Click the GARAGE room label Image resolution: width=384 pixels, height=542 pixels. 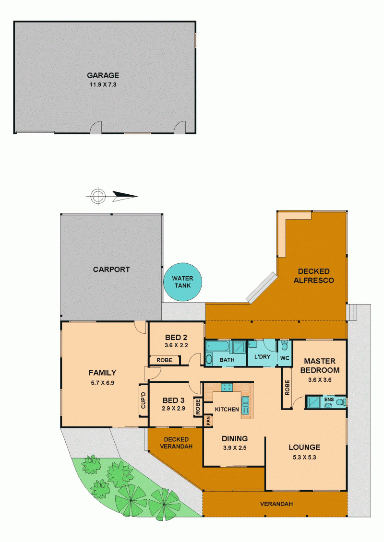[x=103, y=75]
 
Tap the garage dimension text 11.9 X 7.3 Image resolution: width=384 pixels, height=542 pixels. [x=103, y=85]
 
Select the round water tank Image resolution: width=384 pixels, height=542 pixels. [x=182, y=282]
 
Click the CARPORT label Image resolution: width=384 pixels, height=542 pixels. [x=111, y=269]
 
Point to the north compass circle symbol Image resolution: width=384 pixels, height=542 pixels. [x=98, y=196]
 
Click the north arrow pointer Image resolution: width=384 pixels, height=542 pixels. [x=125, y=196]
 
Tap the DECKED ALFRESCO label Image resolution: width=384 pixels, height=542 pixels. [x=314, y=276]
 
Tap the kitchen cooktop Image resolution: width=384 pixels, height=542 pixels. [x=227, y=387]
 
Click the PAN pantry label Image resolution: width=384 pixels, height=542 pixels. [x=208, y=420]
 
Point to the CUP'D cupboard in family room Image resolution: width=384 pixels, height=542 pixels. [x=144, y=401]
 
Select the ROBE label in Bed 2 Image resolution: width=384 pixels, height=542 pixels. [x=164, y=360]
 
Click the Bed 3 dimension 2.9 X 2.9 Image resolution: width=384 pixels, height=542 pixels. [x=173, y=408]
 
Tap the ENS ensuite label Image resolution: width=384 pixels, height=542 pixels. [x=329, y=399]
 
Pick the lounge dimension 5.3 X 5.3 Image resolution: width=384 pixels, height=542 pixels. [x=304, y=457]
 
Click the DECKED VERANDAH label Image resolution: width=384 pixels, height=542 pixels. [x=176, y=443]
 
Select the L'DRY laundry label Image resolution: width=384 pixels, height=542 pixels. [x=262, y=356]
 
